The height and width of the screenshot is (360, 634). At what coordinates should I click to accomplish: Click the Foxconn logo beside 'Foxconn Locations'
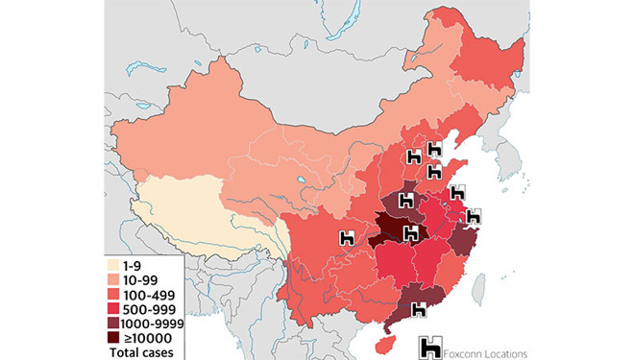[x=433, y=348]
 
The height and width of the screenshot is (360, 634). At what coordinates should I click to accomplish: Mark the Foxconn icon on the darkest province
[x=411, y=232]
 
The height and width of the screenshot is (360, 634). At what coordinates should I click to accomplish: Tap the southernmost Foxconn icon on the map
[x=419, y=309]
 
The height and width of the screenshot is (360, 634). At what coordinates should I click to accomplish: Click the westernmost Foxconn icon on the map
[x=348, y=236]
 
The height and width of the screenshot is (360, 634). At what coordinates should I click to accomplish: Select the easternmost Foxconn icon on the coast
[x=474, y=217]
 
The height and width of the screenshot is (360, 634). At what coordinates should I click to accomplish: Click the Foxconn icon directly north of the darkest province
[x=404, y=202]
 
